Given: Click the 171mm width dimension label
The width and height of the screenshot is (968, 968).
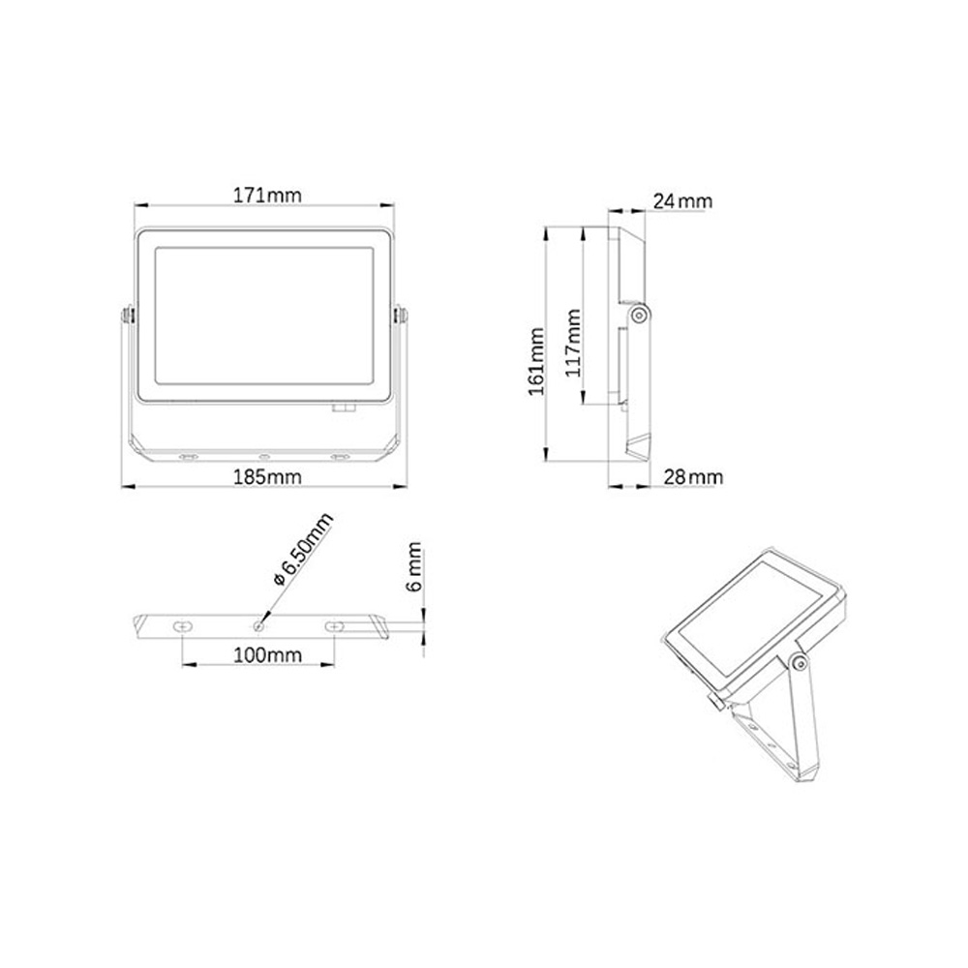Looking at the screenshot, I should pos(266,194).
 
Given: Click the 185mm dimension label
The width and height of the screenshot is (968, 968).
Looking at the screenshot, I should pos(266,476).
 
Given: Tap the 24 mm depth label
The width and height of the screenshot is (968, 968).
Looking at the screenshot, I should pos(682,201).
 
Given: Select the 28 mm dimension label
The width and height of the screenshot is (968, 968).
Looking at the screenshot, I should pos(692,476).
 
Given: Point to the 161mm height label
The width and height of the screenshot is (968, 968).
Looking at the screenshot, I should pos(536,360).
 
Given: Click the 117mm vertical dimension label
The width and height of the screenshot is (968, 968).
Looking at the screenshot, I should pos(572,341).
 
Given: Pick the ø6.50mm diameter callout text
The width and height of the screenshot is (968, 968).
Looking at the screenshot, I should pos(303,550).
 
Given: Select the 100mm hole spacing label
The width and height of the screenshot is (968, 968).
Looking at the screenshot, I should pos(266,655).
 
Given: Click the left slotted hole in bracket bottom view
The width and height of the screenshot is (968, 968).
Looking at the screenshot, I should pos(183,627).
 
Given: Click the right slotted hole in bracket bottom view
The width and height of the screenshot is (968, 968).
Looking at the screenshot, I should pos(334,627).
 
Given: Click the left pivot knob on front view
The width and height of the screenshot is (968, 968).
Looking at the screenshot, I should pos(128,316).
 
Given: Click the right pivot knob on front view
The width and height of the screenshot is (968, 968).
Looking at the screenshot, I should pos(397,316).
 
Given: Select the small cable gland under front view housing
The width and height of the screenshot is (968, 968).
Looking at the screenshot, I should pos(343,408).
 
